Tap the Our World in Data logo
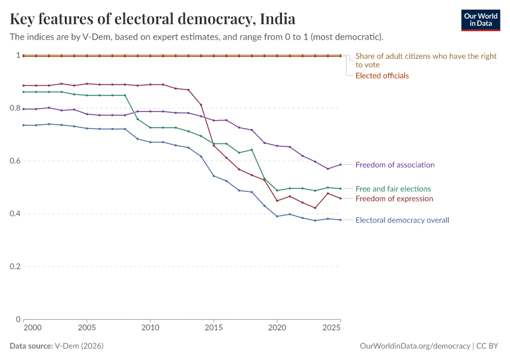click(x=480, y=20)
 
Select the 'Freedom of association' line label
click(x=395, y=164)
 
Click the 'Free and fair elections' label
click(x=393, y=188)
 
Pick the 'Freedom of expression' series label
click(x=394, y=199)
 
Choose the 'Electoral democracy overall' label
click(x=402, y=220)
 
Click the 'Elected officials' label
click(x=382, y=76)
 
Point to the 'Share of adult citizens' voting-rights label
click(x=426, y=60)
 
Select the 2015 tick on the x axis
click(x=213, y=328)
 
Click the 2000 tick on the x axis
click(x=32, y=328)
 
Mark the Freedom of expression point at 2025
click(x=340, y=199)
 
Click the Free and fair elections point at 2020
click(x=277, y=190)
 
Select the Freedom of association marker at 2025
click(x=340, y=164)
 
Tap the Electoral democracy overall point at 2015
click(x=214, y=176)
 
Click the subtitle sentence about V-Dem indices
click(x=197, y=37)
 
